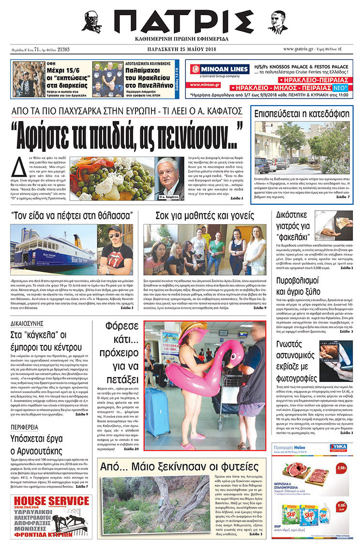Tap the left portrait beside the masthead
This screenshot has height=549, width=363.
[91, 22]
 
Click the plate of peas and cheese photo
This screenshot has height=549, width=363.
[111, 178]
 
